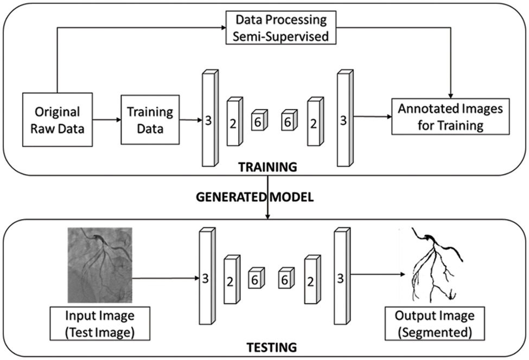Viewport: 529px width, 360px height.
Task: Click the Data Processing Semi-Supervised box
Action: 281,28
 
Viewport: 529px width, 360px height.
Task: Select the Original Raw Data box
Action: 58,120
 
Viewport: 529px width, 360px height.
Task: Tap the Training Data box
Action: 150,120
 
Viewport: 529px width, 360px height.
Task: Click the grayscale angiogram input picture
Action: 100,265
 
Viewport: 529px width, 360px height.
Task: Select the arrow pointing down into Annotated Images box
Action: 450,91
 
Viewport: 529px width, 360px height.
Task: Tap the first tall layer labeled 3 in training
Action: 208,119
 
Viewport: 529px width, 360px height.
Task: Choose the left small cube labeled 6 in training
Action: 258,122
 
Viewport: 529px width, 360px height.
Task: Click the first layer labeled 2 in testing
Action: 231,280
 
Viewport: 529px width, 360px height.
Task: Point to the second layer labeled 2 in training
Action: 314,122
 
